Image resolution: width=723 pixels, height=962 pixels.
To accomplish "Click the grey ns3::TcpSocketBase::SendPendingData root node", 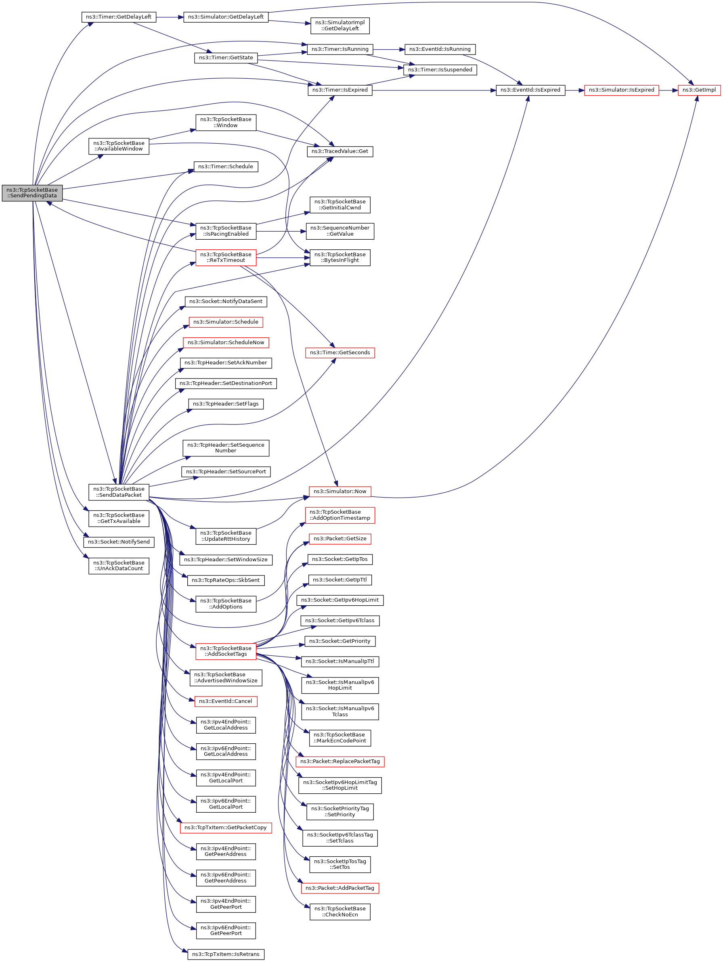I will coord(32,192).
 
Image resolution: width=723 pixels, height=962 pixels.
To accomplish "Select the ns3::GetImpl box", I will coord(699,90).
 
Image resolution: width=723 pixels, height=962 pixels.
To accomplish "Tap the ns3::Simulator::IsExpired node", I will coord(621,90).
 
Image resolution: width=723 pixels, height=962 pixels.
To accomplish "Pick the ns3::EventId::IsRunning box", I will coord(439,49).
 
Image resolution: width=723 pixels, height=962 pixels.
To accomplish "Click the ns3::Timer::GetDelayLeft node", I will coord(118,17).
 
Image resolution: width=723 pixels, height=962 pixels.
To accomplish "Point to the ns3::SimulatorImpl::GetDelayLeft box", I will coord(340,26).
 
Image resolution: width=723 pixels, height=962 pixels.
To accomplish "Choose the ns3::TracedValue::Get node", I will coord(340,151).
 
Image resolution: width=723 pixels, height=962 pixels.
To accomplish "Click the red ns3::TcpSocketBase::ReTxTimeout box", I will coord(225,257).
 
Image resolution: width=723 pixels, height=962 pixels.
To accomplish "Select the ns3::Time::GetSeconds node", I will coord(340,353).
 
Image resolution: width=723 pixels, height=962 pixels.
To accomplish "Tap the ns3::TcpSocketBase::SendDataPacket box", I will coord(118,492).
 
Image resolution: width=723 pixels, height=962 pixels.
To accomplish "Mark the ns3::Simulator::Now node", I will coord(340,491).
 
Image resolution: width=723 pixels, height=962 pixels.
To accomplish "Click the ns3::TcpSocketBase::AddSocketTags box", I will coord(225,651).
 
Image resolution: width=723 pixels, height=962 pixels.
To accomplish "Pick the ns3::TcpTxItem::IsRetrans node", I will coord(225,954).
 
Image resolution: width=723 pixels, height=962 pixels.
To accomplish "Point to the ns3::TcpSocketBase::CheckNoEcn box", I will coord(340,912).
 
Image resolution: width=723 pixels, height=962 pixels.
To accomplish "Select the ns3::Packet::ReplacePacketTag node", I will coord(340,761).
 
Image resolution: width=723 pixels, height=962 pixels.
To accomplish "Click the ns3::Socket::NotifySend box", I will coord(118,542).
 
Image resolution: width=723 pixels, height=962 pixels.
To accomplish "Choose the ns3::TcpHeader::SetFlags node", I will coord(225,404).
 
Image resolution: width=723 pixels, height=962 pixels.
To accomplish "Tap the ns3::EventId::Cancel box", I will coord(225,701).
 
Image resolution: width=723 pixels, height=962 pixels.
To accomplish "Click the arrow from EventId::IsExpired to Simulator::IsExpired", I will coord(574,90).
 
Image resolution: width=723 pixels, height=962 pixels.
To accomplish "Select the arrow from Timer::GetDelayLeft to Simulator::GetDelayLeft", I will coord(170,17).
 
